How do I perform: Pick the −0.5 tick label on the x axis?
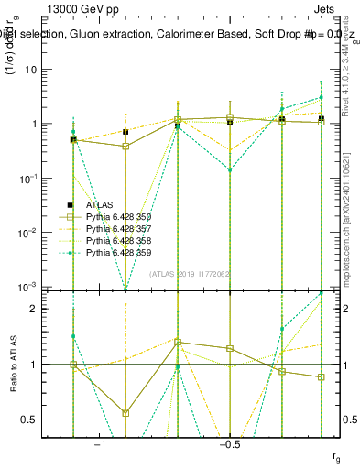point(229,444)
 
